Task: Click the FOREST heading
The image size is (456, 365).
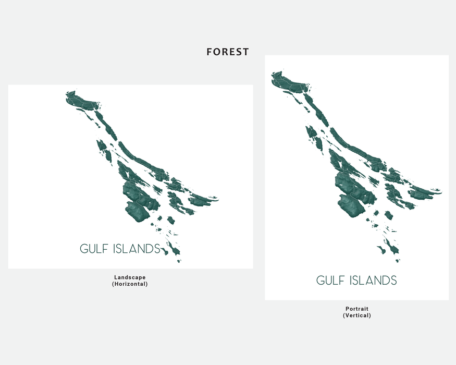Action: pos(228,52)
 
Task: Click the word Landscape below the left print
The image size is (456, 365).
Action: pos(130,277)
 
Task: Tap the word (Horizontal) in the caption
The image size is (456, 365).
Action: pos(130,284)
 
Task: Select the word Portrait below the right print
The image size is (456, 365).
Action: pos(357,309)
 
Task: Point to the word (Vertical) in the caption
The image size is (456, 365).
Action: pos(357,315)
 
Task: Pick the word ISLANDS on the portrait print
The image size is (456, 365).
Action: pos(373,281)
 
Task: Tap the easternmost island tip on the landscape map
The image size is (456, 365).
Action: pos(218,199)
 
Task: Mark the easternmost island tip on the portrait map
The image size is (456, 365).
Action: pos(442,191)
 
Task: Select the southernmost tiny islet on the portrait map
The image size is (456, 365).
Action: pos(398,261)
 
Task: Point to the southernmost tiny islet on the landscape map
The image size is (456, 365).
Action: pos(179,261)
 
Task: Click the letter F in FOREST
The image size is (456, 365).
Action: pos(209,52)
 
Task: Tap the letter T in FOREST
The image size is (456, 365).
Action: pos(246,52)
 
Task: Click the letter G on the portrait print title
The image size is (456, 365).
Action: pos(320,281)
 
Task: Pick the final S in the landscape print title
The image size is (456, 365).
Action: pos(157,249)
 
